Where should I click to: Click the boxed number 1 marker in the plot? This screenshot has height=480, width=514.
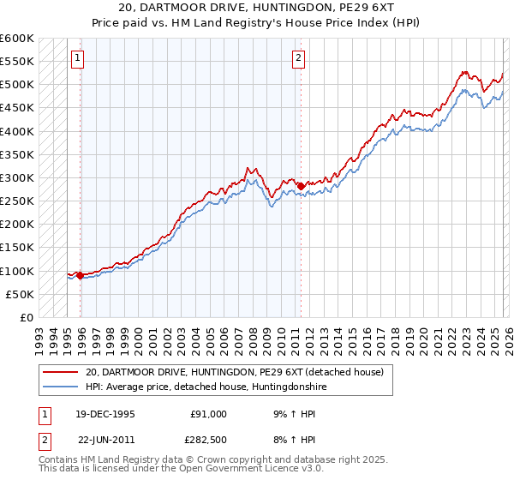pyautogui.click(x=78, y=58)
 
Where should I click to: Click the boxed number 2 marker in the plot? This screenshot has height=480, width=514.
pyautogui.click(x=298, y=58)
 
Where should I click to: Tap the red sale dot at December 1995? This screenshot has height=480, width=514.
pyautogui.click(x=80, y=275)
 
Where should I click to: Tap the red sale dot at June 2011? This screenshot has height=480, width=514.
pyautogui.click(x=301, y=186)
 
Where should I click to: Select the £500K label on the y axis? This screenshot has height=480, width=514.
pyautogui.click(x=17, y=85)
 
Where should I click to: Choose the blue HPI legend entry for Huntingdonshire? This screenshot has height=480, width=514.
pyautogui.click(x=206, y=387)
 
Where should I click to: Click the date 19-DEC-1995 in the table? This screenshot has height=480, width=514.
pyautogui.click(x=105, y=413)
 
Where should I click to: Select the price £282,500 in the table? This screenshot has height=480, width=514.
pyautogui.click(x=208, y=441)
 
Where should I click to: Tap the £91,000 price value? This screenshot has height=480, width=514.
pyautogui.click(x=208, y=413)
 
